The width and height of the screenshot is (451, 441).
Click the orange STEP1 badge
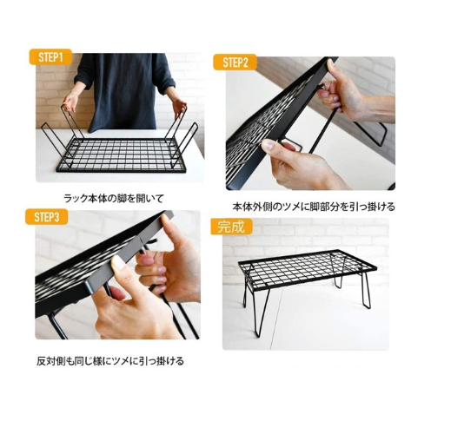pos(50,57)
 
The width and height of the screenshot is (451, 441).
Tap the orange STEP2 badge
pos(235,63)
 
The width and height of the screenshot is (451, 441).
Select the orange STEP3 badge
pos(46,217)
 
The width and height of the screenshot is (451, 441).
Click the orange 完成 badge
pos(231,227)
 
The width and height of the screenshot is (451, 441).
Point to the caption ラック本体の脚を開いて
pos(114,199)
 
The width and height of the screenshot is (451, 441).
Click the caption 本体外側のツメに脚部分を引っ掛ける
pos(314,207)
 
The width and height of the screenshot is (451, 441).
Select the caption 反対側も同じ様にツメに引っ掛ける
pos(110,361)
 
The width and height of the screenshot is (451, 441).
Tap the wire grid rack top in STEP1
pos(121,155)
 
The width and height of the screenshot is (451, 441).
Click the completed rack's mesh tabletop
pos(307,268)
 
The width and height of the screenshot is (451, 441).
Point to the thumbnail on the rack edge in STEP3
pos(118,263)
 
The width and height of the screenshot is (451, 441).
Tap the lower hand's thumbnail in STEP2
pos(268,145)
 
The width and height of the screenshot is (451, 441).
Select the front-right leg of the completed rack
pos(366,289)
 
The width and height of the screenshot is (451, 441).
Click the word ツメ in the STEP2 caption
pos(289,207)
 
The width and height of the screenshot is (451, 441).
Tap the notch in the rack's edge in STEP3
pos(141,239)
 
